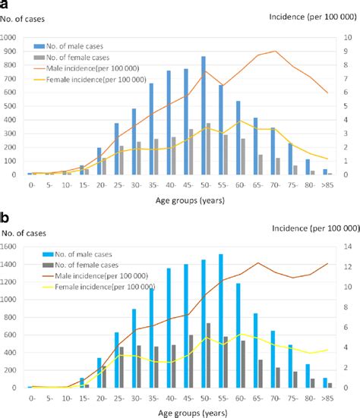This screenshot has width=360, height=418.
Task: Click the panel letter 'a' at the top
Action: (5, 5)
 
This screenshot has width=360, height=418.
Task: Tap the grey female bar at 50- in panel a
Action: (208, 149)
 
